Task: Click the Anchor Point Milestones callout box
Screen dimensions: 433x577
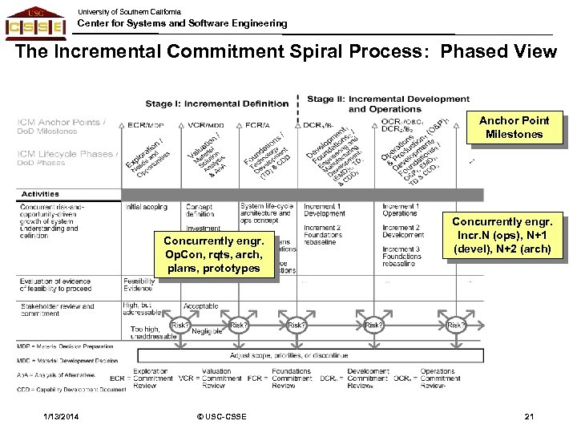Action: (x=514, y=127)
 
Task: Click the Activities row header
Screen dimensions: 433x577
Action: (x=41, y=193)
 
